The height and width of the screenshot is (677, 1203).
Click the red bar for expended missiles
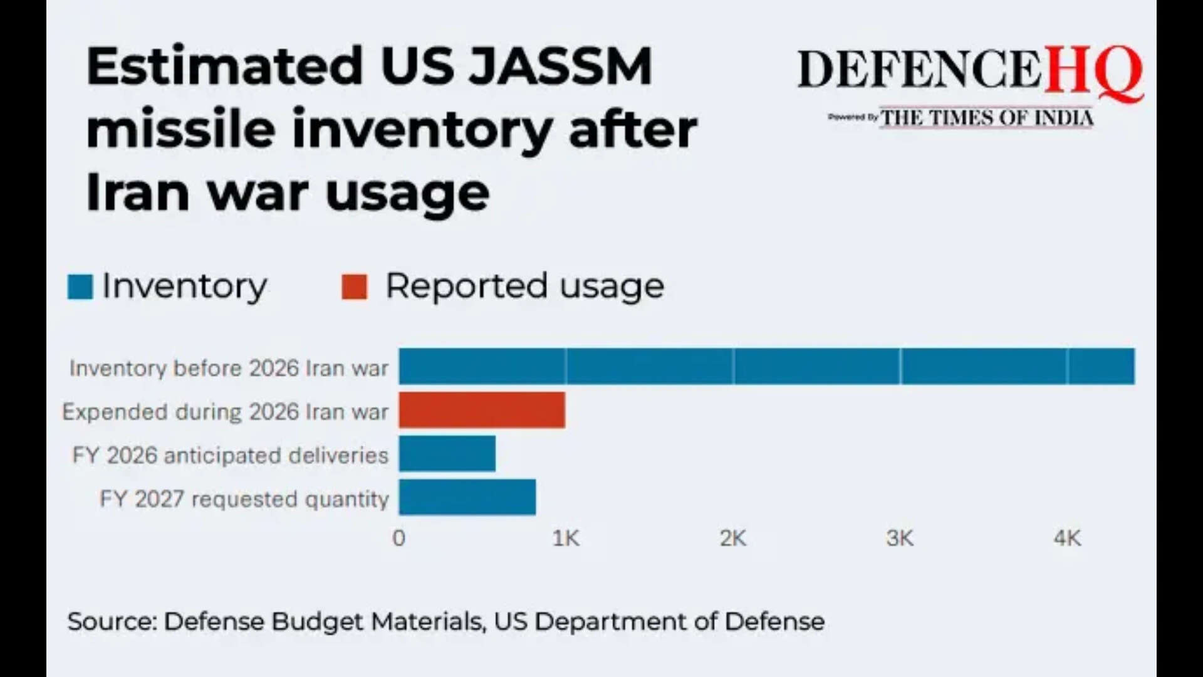(482, 410)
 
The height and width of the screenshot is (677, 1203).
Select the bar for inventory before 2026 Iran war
(766, 366)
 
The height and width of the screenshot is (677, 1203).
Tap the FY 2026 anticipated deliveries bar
(447, 453)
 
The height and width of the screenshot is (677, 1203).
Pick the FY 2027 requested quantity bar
(467, 497)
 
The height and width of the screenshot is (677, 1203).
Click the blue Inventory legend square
(80, 287)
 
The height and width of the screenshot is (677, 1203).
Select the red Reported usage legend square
(354, 287)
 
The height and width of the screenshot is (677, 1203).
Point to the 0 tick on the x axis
(398, 538)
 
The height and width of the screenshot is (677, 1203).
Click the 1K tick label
(566, 538)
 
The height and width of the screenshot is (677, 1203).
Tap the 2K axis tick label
(732, 538)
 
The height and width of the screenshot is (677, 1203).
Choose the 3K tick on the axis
(900, 538)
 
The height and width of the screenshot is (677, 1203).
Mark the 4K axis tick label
(1067, 538)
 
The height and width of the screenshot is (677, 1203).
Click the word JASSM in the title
(561, 66)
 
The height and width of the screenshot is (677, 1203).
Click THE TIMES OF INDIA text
(987, 118)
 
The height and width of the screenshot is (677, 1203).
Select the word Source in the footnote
(112, 621)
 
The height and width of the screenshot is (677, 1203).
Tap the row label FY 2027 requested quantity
(244, 499)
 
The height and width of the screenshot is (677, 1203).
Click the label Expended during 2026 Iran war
(226, 412)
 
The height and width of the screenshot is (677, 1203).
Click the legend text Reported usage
(524, 286)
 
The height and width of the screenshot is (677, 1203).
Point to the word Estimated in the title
(224, 66)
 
